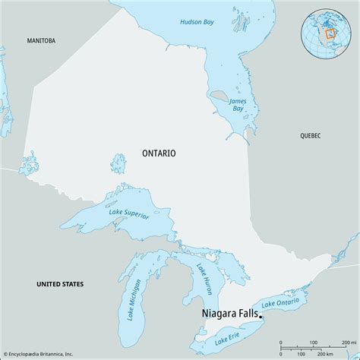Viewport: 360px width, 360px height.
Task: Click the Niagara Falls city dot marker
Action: point(261,316)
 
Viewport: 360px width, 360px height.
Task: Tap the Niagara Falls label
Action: point(228,312)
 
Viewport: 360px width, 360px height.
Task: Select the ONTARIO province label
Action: point(159,153)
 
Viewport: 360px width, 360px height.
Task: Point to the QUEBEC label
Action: point(310,135)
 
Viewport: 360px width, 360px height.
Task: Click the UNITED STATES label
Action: point(60,283)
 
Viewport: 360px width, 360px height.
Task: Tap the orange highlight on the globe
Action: point(330,34)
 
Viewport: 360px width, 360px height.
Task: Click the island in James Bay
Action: point(217,96)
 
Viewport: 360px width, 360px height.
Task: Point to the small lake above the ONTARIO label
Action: point(118,163)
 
